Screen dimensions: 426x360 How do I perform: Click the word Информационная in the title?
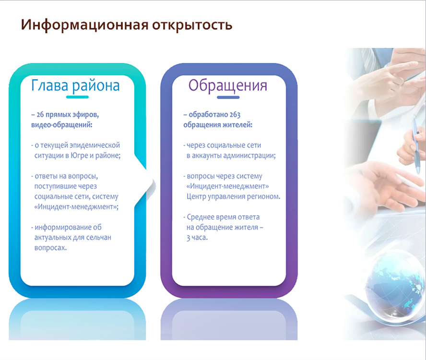[85, 25]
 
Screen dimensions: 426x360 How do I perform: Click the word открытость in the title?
[192, 25]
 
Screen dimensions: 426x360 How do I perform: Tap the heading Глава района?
[75, 85]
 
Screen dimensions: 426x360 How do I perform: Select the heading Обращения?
[228, 85]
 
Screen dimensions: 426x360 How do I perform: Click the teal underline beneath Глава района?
[77, 97]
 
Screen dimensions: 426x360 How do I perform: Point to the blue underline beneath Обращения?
[228, 97]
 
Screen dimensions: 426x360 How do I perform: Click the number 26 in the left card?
[40, 114]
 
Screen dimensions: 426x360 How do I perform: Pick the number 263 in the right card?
[235, 114]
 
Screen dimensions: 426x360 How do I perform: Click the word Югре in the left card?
[78, 156]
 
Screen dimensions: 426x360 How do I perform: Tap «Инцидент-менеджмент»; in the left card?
[76, 207]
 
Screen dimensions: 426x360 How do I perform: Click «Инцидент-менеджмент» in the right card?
[228, 186]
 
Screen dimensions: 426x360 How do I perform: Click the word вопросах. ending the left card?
[50, 248]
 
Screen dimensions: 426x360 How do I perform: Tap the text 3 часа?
[197, 238]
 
